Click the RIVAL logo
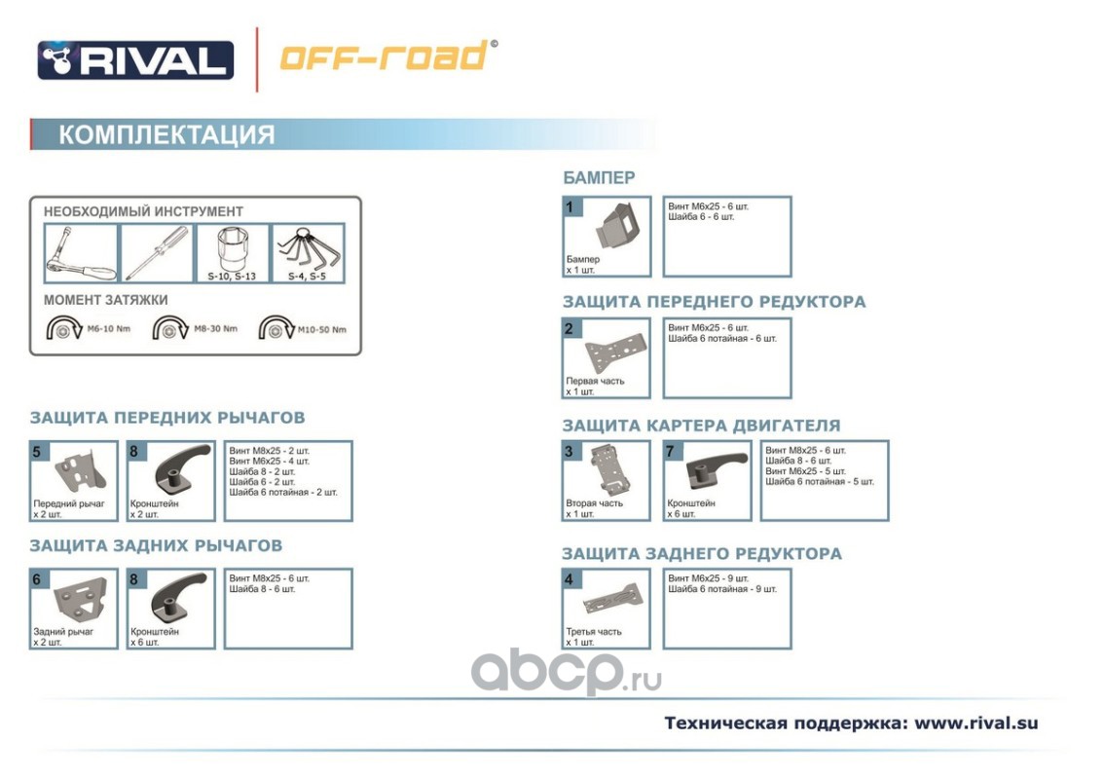pyautogui.click(x=135, y=59)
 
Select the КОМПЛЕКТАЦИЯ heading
pyautogui.click(x=166, y=134)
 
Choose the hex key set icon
pyautogui.click(x=307, y=251)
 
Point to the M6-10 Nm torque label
pyautogui.click(x=108, y=329)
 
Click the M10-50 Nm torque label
pyautogui.click(x=321, y=329)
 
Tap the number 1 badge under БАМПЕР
pyautogui.click(x=571, y=206)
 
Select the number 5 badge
pyautogui.click(x=37, y=452)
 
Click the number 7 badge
pyautogui.click(x=670, y=451)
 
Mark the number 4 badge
pyautogui.click(x=571, y=580)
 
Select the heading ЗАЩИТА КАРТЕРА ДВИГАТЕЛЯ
pyautogui.click(x=701, y=426)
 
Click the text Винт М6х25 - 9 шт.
pyautogui.click(x=709, y=578)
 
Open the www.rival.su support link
pyautogui.click(x=975, y=723)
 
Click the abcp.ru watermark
pyautogui.click(x=565, y=671)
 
